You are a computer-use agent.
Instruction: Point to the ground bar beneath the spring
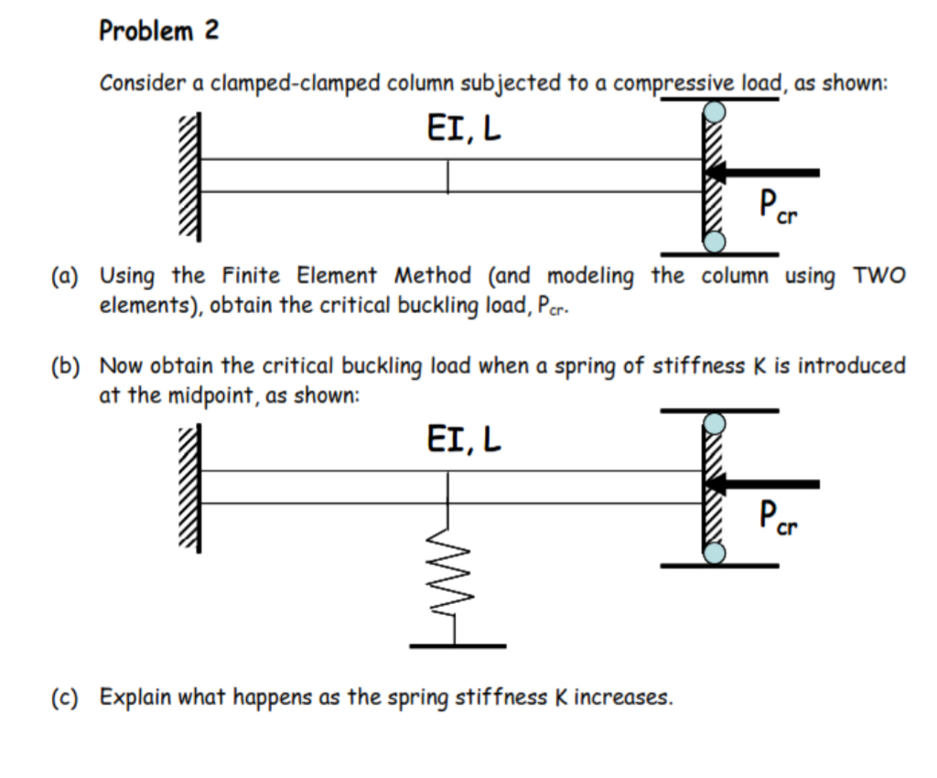(x=457, y=646)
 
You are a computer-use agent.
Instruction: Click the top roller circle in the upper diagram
(x=714, y=112)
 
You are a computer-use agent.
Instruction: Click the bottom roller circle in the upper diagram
(x=714, y=242)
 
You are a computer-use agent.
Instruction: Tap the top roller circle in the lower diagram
(x=714, y=424)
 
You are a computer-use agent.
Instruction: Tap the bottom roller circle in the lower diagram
(x=714, y=553)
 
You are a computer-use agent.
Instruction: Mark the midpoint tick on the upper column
(x=448, y=177)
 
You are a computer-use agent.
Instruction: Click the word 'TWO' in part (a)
(x=878, y=276)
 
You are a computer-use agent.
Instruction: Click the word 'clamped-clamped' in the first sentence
(x=297, y=83)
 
